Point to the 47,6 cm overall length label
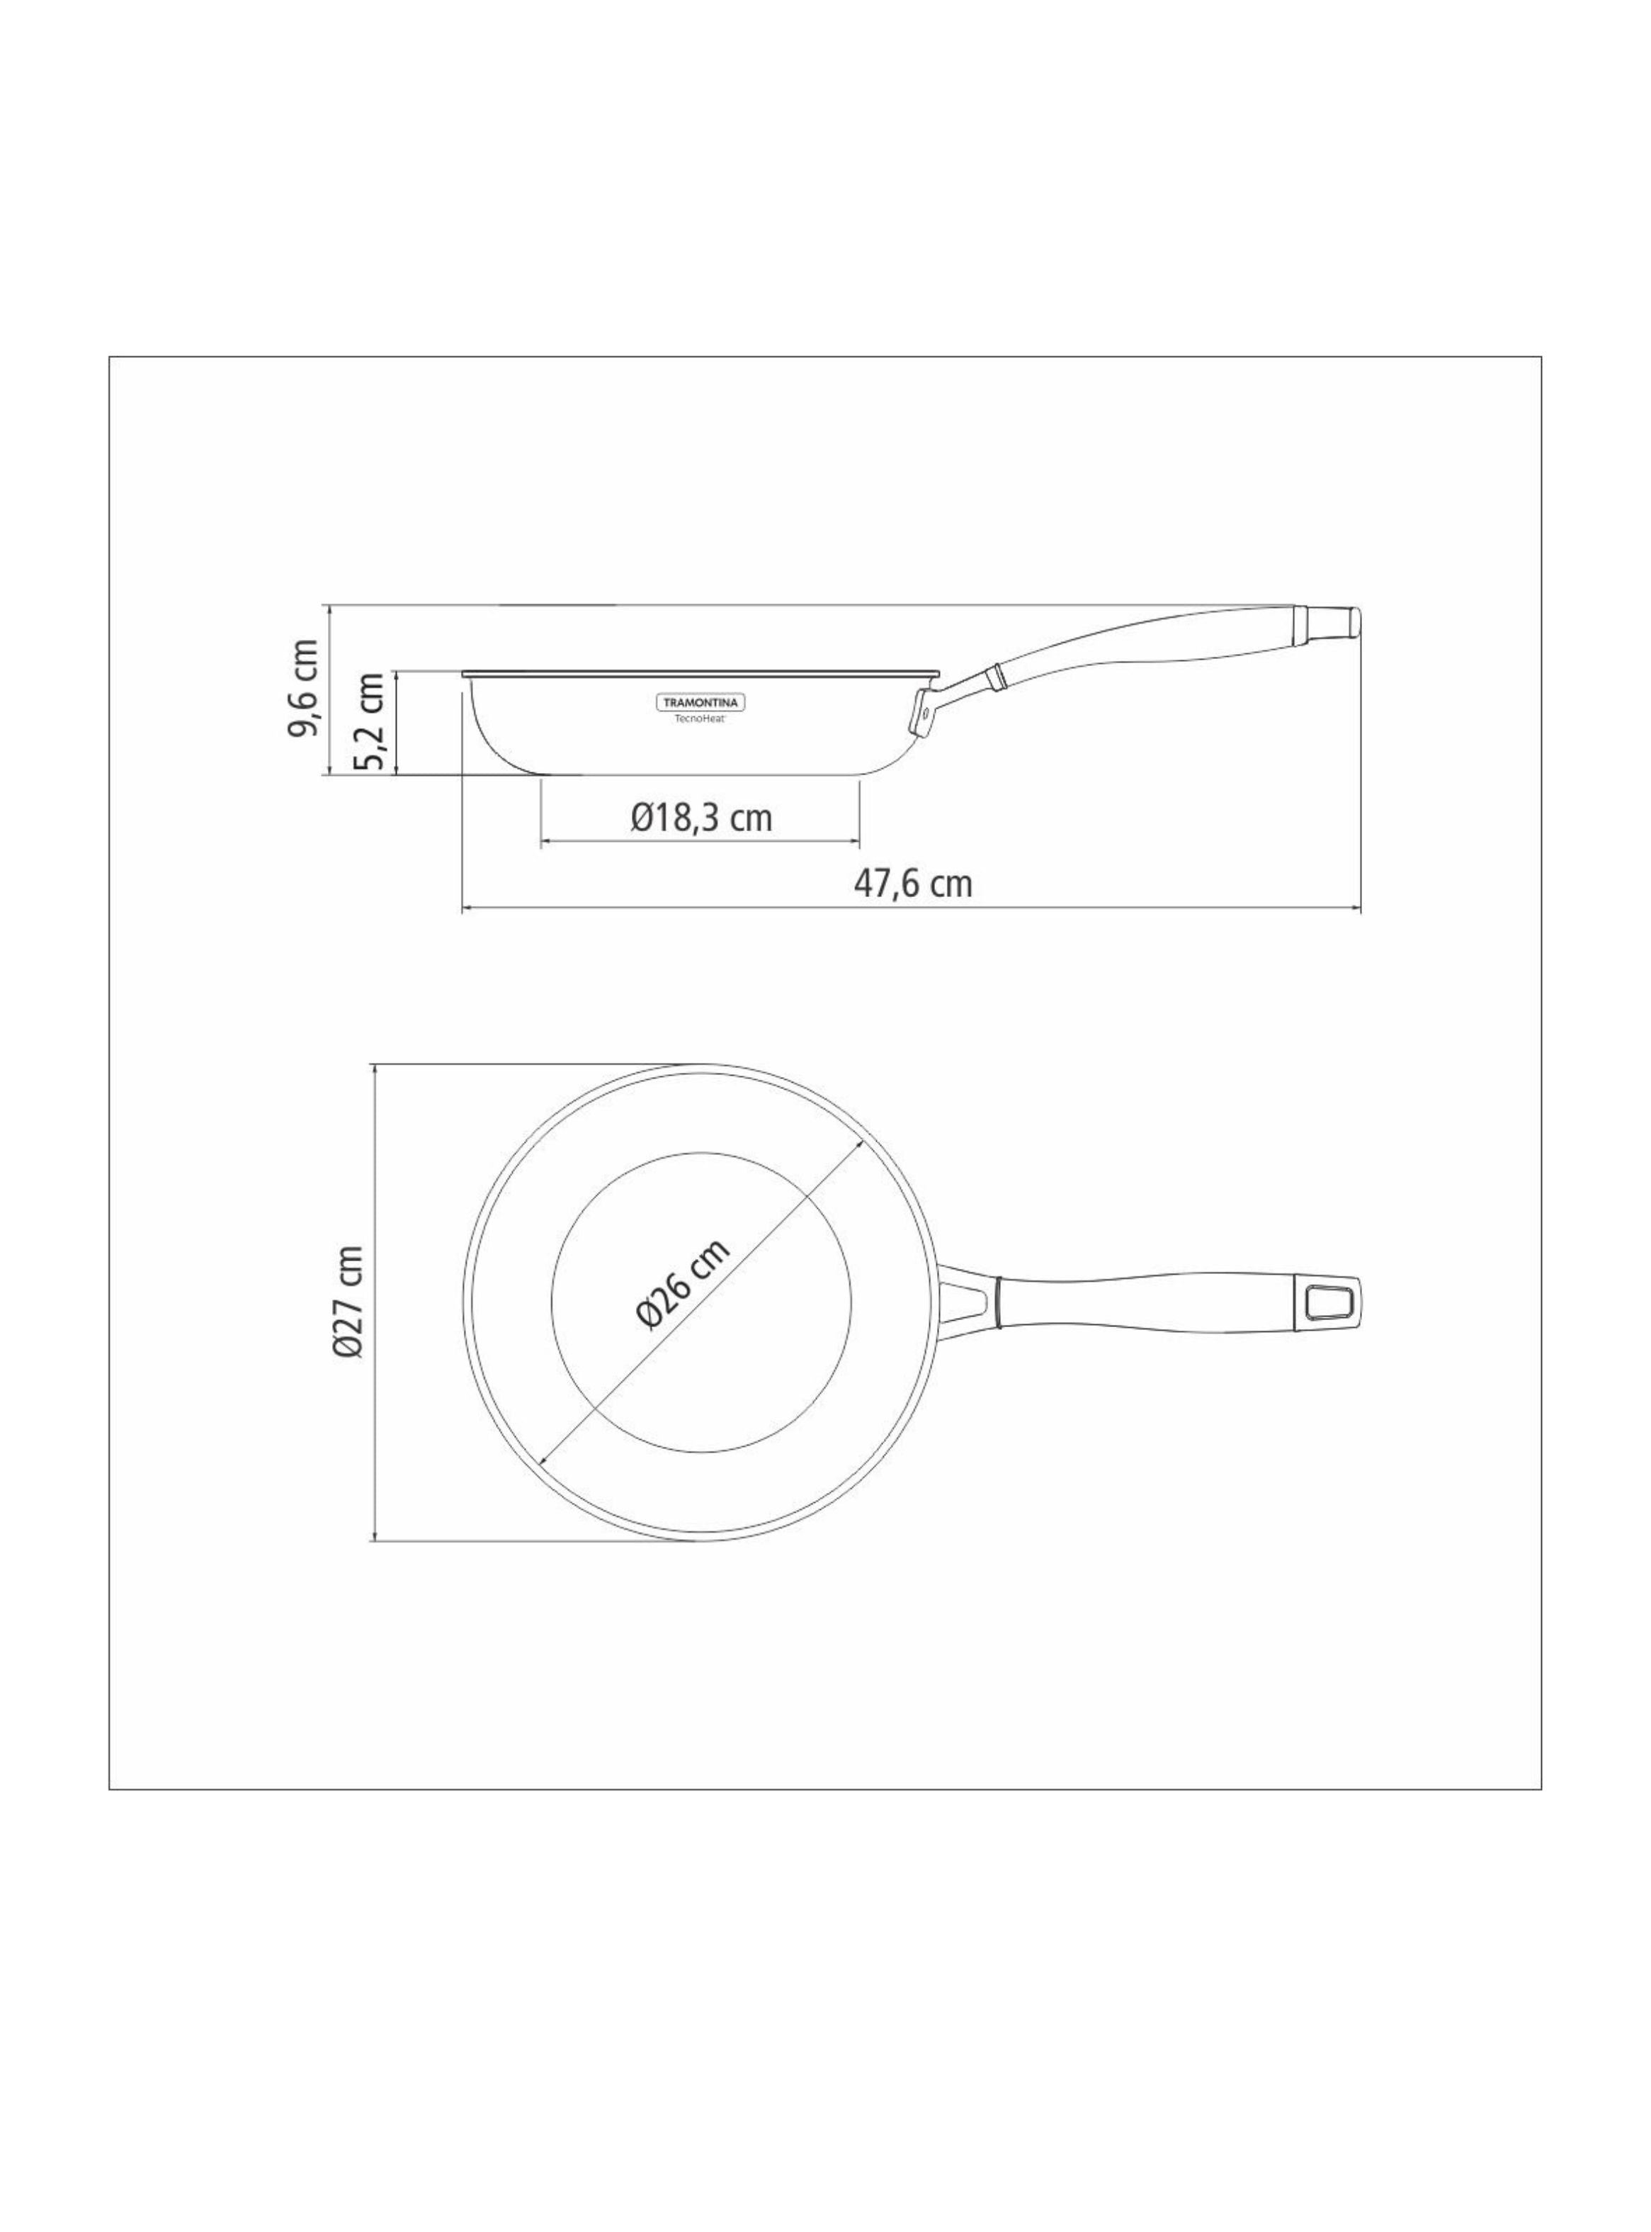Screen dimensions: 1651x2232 click(912, 883)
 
